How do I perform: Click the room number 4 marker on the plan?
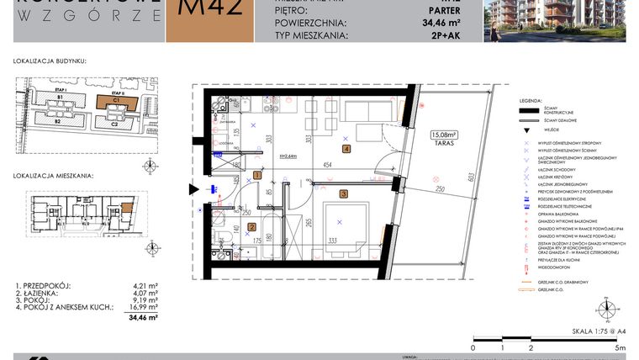[x=346, y=150]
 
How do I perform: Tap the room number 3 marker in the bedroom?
[x=344, y=194]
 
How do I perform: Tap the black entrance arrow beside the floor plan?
[x=195, y=190]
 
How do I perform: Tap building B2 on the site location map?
[x=60, y=121]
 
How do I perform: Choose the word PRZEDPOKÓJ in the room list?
[x=50, y=285]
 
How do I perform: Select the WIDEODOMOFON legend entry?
[x=558, y=267]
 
